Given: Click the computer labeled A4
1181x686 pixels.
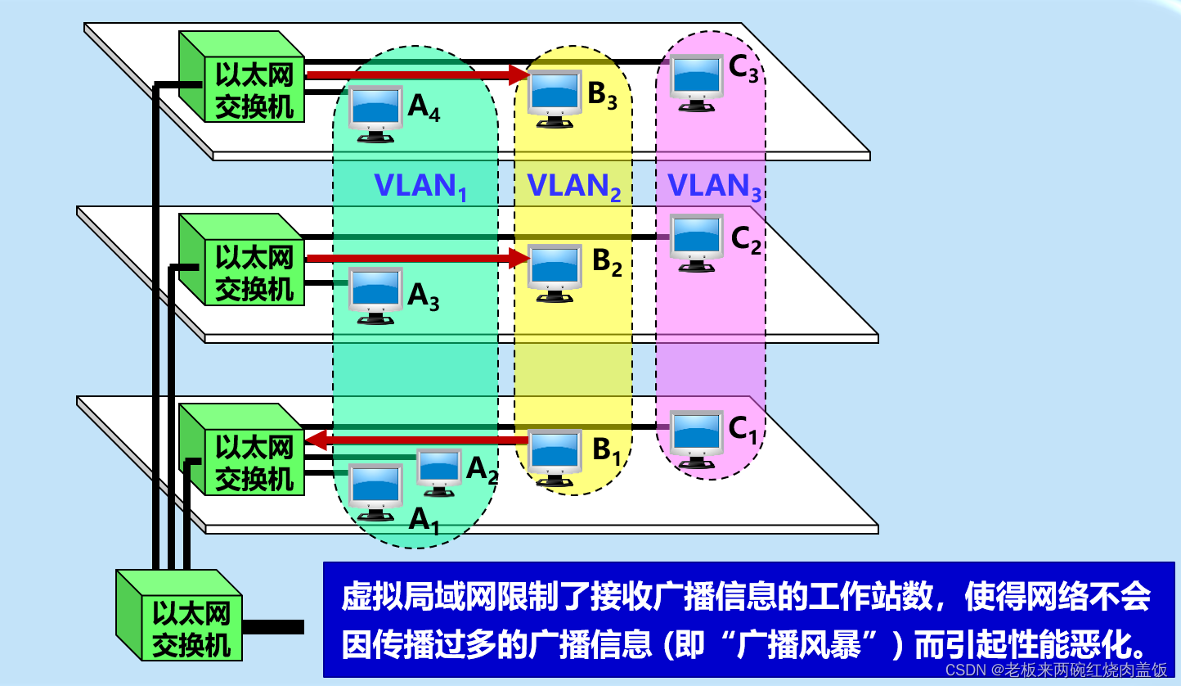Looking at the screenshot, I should pyautogui.click(x=376, y=112).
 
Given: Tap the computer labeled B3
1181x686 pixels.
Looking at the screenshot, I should pyautogui.click(x=555, y=97).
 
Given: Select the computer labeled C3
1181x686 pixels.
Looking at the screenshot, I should pyautogui.click(x=697, y=81).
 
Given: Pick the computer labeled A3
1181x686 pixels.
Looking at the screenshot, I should pyautogui.click(x=376, y=294).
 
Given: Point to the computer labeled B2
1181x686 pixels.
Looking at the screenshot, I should pyautogui.click(x=555, y=271).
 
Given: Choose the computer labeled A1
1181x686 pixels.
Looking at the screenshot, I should pyautogui.click(x=376, y=490).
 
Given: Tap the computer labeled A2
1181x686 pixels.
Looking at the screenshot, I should pyautogui.click(x=439, y=471).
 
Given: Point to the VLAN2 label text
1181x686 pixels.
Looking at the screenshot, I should pyautogui.click(x=573, y=187).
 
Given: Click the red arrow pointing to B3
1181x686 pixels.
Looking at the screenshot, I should pyautogui.click(x=417, y=75).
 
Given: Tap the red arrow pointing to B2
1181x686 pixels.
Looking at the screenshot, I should pyautogui.click(x=417, y=259).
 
